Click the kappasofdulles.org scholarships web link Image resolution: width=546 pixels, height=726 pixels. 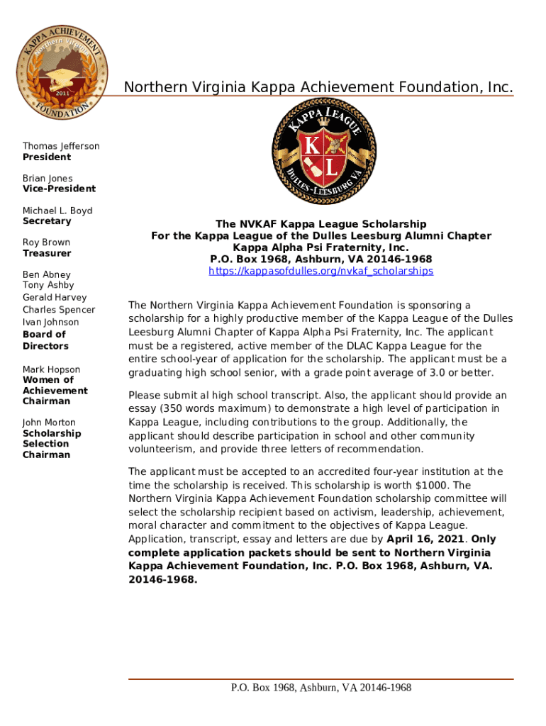pyautogui.click(x=321, y=272)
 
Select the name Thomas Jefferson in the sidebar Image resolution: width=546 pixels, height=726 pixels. pyautogui.click(x=61, y=146)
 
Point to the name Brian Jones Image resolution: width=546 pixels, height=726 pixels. pyautogui.click(x=48, y=178)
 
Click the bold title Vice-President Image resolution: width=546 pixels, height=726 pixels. pyautogui.click(x=59, y=189)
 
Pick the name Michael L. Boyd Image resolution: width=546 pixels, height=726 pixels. pyautogui.click(x=57, y=211)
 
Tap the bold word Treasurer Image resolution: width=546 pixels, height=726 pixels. pyautogui.click(x=47, y=253)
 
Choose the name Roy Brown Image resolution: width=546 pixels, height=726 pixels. pyautogui.click(x=46, y=242)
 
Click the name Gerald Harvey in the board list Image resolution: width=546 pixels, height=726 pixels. pyautogui.click(x=55, y=298)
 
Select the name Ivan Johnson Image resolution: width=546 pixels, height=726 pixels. pyautogui.click(x=51, y=323)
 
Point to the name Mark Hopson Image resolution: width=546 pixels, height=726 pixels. pyautogui.click(x=51, y=369)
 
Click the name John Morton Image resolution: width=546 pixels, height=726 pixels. pyautogui.click(x=49, y=423)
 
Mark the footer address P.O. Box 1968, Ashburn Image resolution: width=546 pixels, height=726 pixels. pyautogui.click(x=321, y=688)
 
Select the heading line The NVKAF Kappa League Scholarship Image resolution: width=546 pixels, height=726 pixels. pyautogui.click(x=321, y=224)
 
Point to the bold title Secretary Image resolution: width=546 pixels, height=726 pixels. pyautogui.click(x=47, y=221)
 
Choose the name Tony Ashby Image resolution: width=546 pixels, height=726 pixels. pyautogui.click(x=48, y=285)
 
